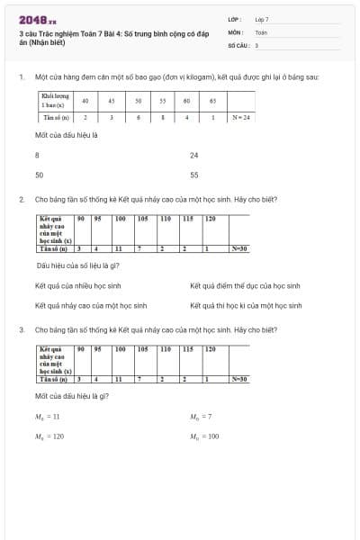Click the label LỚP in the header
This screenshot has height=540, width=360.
(x=233, y=19)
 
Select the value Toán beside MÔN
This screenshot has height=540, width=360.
(x=261, y=31)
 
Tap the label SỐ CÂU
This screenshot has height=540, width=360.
(x=237, y=44)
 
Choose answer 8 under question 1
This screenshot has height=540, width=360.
(x=37, y=155)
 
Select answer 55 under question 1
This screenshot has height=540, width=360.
(x=193, y=175)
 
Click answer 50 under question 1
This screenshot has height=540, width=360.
(x=39, y=175)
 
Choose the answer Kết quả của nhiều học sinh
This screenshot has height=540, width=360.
(x=76, y=285)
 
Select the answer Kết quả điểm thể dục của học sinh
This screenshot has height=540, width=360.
(x=244, y=285)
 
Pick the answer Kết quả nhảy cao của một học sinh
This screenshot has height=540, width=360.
(x=90, y=306)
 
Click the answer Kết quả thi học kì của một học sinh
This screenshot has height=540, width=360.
(x=246, y=306)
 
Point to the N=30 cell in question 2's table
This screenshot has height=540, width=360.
(x=238, y=248)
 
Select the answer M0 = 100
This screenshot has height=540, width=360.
(x=204, y=436)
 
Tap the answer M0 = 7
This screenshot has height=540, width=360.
(x=201, y=417)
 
